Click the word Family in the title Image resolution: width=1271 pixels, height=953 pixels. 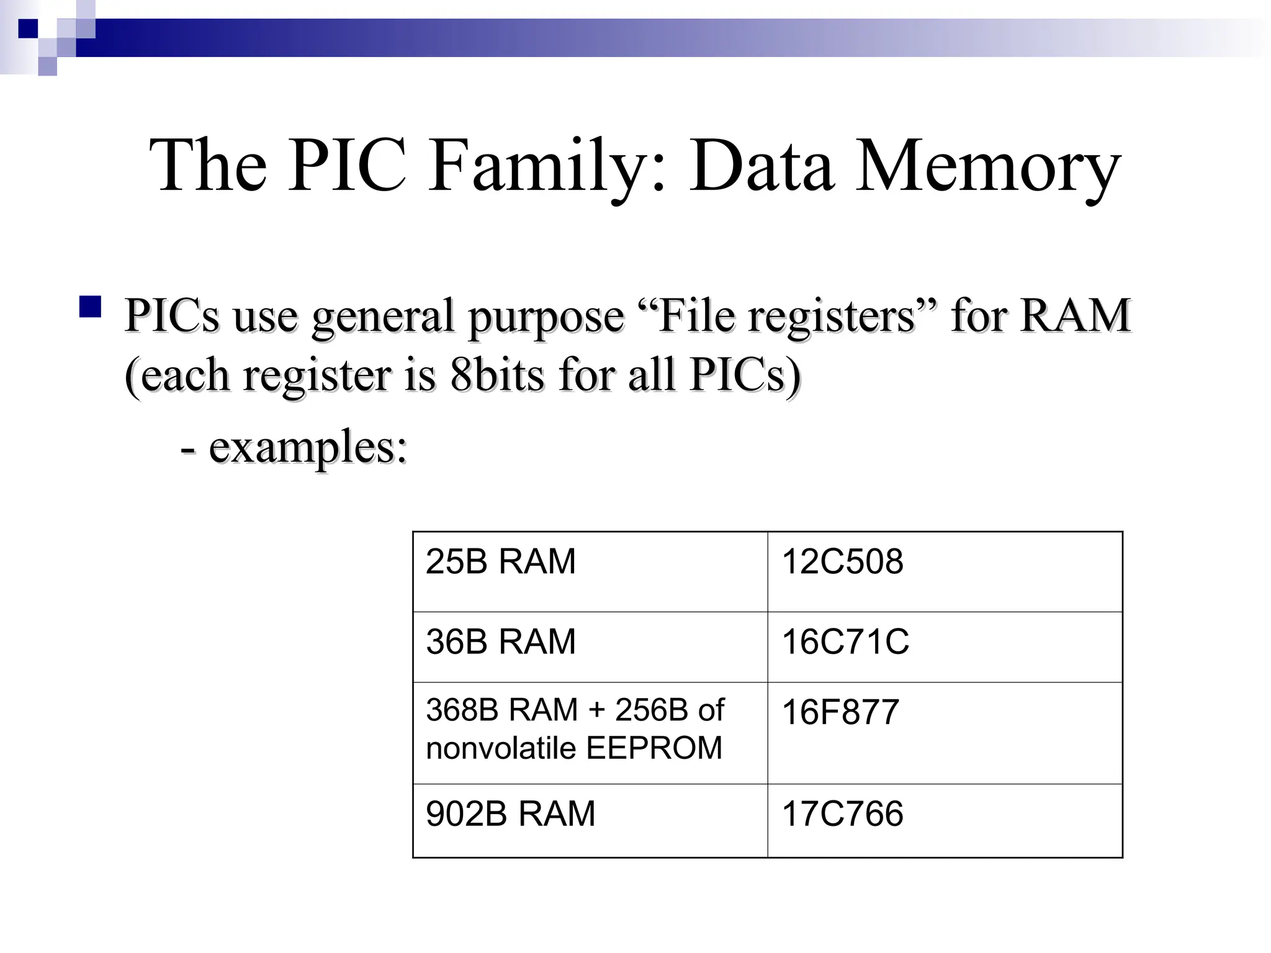point(537,166)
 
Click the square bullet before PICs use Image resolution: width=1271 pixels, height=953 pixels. point(91,308)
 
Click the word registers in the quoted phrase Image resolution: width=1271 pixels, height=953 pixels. point(832,316)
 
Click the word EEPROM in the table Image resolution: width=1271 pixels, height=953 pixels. point(654,748)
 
